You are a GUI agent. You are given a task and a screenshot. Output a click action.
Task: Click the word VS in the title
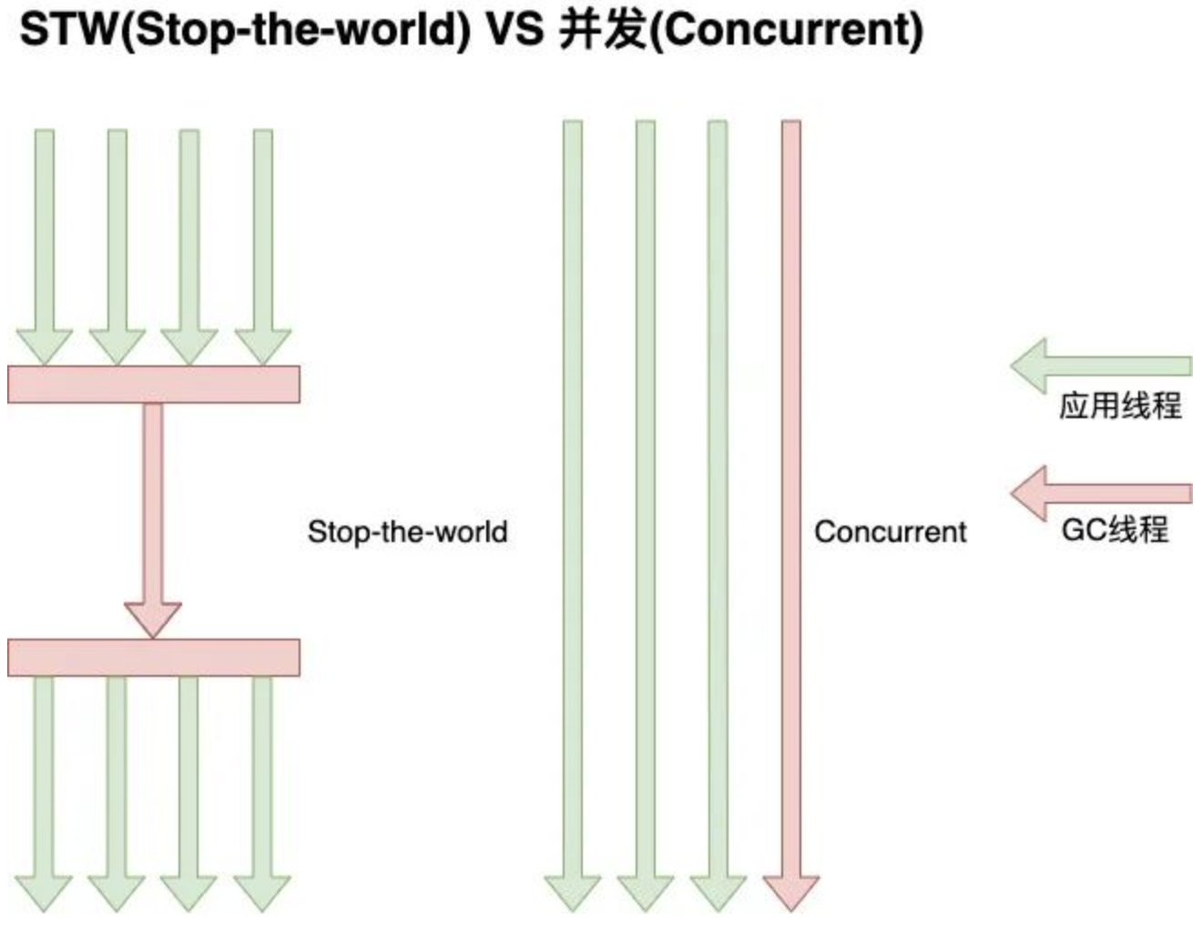pyautogui.click(x=515, y=29)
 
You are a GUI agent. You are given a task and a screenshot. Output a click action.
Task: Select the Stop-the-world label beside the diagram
pyautogui.click(x=407, y=531)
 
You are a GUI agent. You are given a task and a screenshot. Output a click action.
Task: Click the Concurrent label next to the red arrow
pyautogui.click(x=890, y=531)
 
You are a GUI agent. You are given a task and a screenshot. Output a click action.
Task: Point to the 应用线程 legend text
pyautogui.click(x=1119, y=405)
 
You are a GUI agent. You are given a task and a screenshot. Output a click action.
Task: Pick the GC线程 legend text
pyautogui.click(x=1115, y=529)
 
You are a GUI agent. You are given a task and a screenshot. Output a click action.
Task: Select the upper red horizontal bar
pyautogui.click(x=153, y=384)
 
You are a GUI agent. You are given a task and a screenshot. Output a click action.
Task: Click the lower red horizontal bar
pyautogui.click(x=153, y=657)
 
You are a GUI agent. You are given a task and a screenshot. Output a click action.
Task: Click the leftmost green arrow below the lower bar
pyautogui.click(x=44, y=783)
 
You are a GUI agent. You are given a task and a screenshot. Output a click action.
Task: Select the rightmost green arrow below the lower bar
pyautogui.click(x=262, y=783)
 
